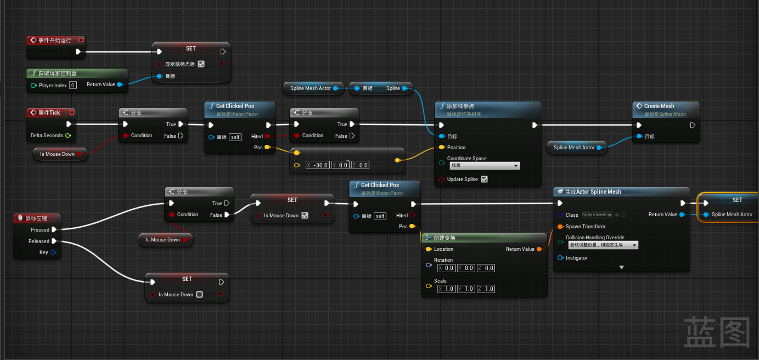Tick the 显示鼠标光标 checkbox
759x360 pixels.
(201, 64)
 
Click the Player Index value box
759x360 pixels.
(73, 85)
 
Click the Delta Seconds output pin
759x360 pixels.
(68, 136)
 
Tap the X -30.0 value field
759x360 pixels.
(318, 165)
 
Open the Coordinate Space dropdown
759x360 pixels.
(485, 165)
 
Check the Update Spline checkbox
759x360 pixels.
(484, 179)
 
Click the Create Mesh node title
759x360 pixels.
(659, 106)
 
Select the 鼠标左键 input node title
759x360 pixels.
(36, 218)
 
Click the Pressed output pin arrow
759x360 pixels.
(54, 230)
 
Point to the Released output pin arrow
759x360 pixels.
(54, 241)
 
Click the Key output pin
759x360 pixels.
(53, 252)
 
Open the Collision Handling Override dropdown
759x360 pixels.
(603, 245)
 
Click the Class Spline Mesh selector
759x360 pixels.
(597, 215)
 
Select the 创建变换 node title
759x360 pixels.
(445, 238)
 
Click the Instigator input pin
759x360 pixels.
(560, 258)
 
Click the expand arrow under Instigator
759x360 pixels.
(622, 267)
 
